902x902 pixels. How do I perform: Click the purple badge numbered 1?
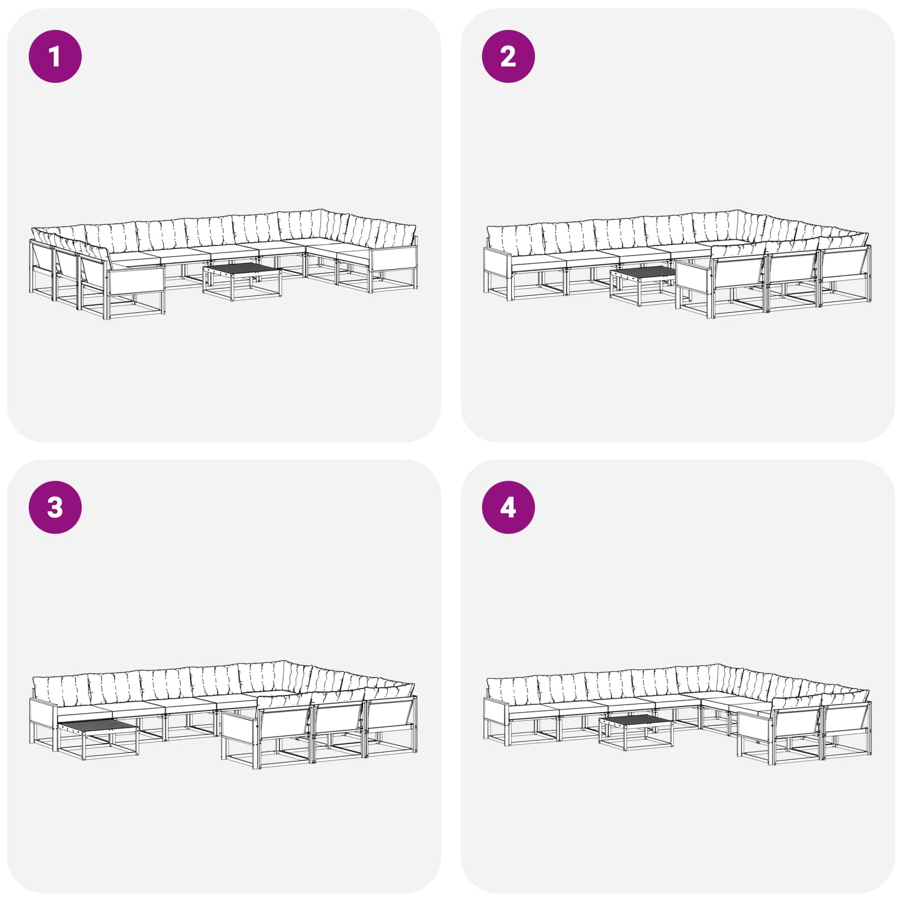pyautogui.click(x=55, y=56)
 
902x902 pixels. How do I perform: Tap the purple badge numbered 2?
pyautogui.click(x=508, y=56)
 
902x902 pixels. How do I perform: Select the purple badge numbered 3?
pyautogui.click(x=55, y=507)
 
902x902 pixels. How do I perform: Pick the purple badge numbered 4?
pyautogui.click(x=508, y=507)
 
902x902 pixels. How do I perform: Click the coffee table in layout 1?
pyautogui.click(x=242, y=281)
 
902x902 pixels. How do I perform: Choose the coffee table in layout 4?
pyautogui.click(x=636, y=733)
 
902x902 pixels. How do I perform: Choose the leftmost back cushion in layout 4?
pyautogui.click(x=512, y=689)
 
